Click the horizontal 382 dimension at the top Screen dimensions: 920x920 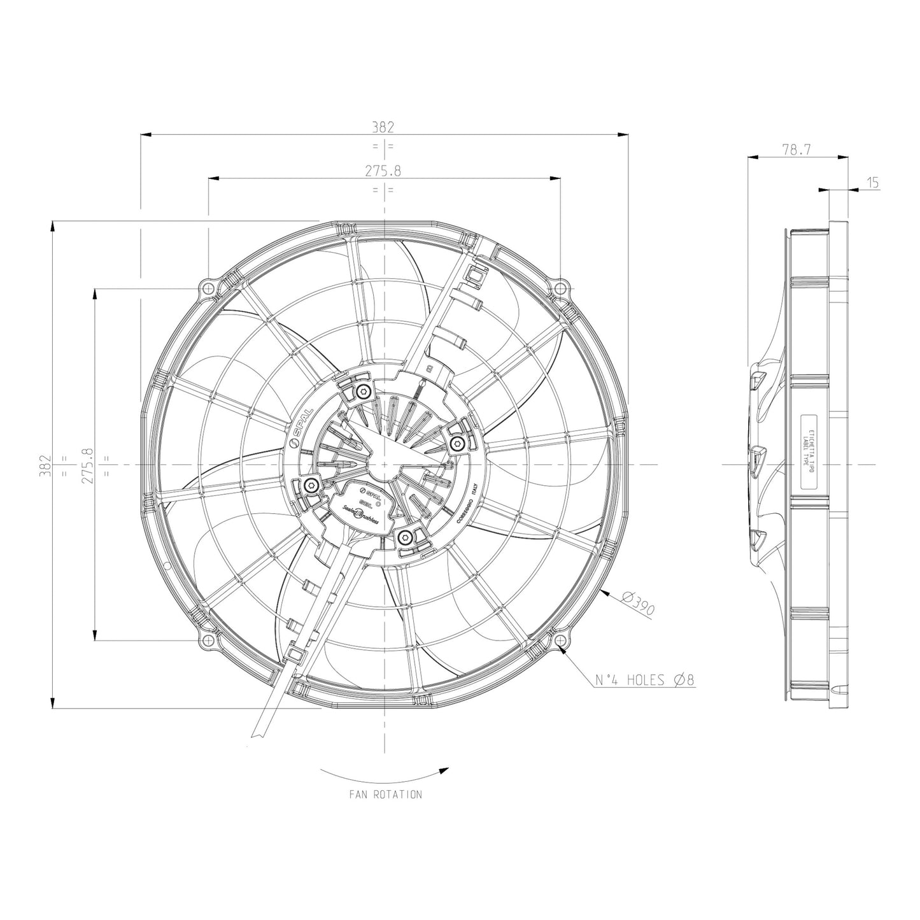(x=383, y=127)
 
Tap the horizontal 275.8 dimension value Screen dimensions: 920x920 (x=383, y=171)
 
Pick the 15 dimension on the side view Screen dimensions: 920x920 (x=873, y=183)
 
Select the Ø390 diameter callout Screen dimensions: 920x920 (x=637, y=604)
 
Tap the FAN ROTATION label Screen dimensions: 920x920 (x=385, y=795)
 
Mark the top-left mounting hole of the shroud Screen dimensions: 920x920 (x=208, y=288)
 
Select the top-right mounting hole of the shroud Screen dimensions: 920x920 (x=559, y=288)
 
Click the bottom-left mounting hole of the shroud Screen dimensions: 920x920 (x=208, y=640)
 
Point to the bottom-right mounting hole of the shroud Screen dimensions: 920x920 (x=559, y=640)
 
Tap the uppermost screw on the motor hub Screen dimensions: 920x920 (x=363, y=391)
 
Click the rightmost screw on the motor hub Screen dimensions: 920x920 (x=456, y=443)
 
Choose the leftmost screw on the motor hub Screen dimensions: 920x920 (x=311, y=486)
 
